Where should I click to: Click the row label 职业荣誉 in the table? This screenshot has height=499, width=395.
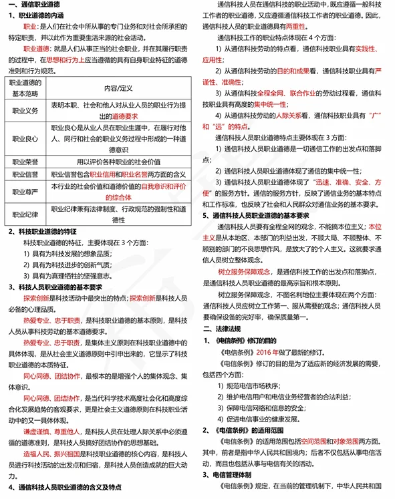(25, 162)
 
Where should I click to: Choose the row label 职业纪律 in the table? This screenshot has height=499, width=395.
(25, 214)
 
